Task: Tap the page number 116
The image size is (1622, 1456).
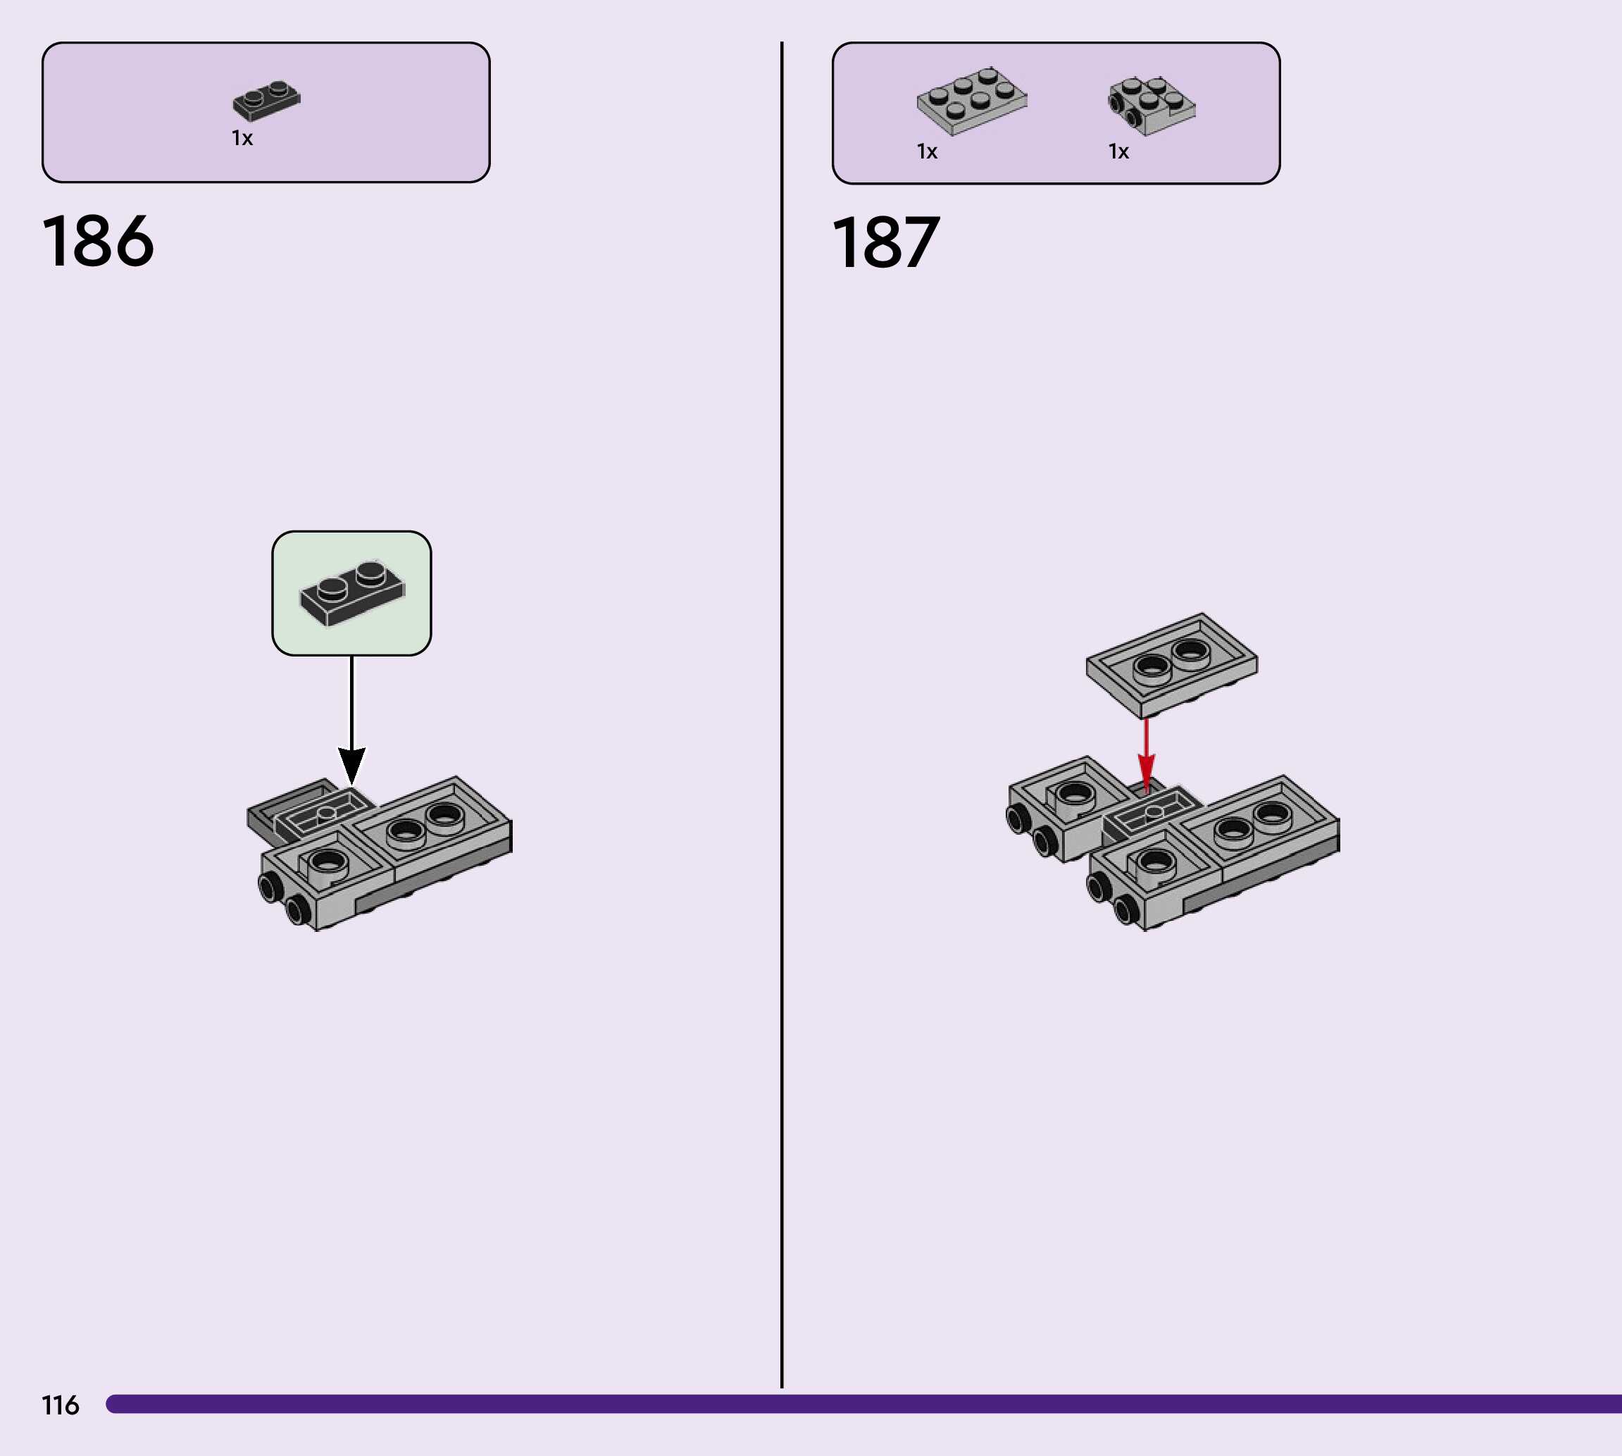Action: click(60, 1405)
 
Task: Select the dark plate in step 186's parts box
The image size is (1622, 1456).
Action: click(266, 101)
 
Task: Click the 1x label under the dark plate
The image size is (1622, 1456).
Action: click(242, 138)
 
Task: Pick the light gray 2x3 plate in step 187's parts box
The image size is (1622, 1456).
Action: click(972, 100)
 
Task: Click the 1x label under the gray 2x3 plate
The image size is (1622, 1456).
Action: click(926, 151)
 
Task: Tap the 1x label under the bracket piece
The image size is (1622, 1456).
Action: click(1118, 151)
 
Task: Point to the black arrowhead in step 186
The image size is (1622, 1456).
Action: click(352, 765)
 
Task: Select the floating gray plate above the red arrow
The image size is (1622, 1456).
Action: click(1172, 664)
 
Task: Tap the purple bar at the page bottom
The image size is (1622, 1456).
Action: click(863, 1404)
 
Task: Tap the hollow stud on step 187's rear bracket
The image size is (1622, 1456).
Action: click(1074, 794)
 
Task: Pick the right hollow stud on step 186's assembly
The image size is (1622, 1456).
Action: click(444, 816)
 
